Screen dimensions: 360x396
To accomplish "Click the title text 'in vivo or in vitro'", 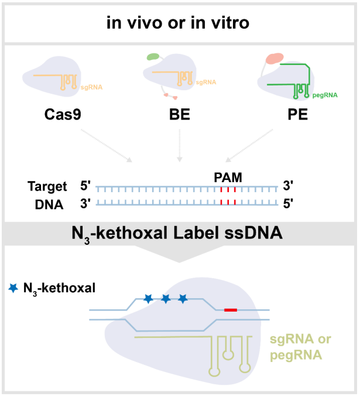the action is [x=178, y=23].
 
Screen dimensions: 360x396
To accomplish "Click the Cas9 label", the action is [x=63, y=114].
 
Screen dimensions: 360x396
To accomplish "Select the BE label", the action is [x=180, y=114].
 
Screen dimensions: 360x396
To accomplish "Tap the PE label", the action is [x=298, y=114].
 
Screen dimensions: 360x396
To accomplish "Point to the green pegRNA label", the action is [x=325, y=95].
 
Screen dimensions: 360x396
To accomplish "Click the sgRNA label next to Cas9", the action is [x=91, y=87].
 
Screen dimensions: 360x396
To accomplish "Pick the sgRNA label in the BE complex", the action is [x=206, y=83].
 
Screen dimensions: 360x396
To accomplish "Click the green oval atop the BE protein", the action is [x=153, y=57].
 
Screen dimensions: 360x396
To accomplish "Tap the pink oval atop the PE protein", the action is [x=275, y=58].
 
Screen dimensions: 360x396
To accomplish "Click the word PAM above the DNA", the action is [x=228, y=177].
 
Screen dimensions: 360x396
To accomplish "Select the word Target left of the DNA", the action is [x=47, y=187].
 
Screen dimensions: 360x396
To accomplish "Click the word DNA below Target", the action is [x=49, y=204].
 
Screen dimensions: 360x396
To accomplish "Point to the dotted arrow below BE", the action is [x=180, y=145].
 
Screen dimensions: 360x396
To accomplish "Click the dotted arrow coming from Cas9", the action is [x=107, y=146].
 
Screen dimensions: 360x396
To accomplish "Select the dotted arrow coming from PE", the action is [x=249, y=145].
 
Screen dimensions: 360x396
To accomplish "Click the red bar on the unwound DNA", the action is [x=231, y=310].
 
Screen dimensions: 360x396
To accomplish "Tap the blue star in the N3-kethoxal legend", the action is [x=13, y=288].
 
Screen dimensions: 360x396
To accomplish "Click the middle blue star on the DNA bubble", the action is [x=166, y=299].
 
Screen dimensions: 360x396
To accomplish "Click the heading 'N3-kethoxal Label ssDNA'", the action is [x=177, y=233].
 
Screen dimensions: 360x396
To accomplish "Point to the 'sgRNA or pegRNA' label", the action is [x=300, y=347].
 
